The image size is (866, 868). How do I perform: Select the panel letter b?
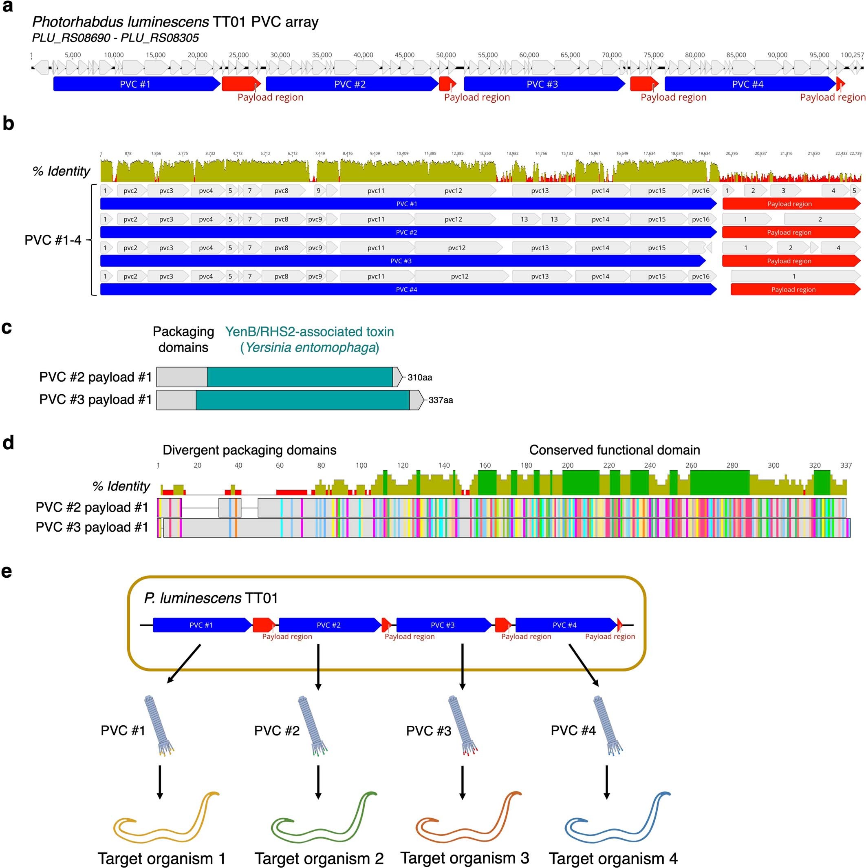pos(8,124)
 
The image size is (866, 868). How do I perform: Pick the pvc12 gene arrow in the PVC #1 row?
pos(454,190)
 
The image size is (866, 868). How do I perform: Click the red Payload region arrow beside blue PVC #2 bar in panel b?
pos(790,232)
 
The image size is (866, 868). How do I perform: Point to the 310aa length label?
pos(419,378)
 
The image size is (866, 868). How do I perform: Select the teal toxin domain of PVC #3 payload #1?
pos(302,400)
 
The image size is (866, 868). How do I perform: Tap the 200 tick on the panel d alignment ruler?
pos(567,466)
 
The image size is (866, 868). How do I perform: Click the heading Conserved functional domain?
pos(614,450)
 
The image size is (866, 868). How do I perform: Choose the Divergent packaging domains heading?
pos(249,450)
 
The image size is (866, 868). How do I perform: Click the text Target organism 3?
pos(465,857)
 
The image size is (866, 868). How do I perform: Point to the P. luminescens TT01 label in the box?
pos(211,598)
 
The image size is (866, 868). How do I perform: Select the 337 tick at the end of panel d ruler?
pos(846,466)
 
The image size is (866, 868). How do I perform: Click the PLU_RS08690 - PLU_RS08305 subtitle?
pos(115,38)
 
